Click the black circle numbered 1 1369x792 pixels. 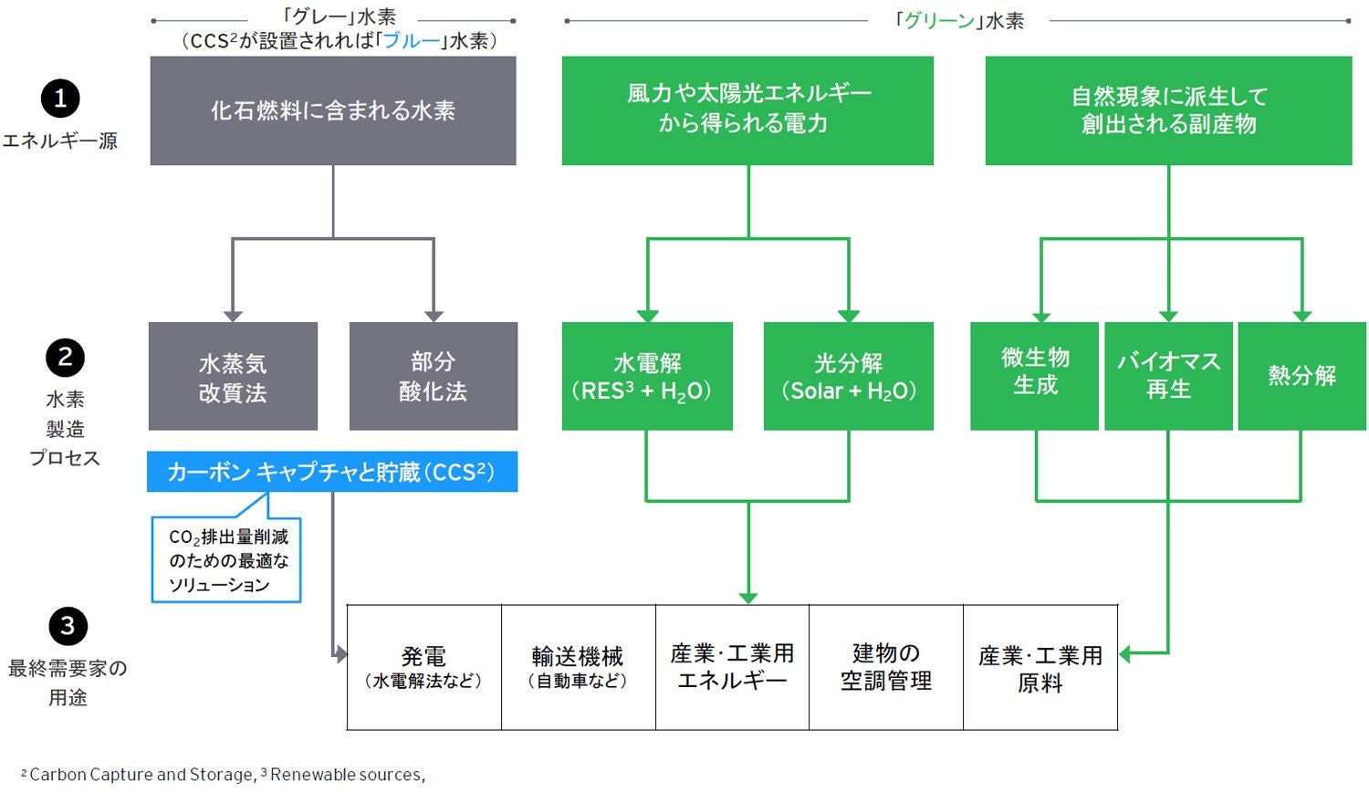tap(61, 99)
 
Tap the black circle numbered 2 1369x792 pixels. tap(65, 358)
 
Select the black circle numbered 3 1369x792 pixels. tap(68, 626)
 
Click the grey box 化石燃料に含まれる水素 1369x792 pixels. tap(333, 110)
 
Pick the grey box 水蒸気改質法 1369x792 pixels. tap(233, 376)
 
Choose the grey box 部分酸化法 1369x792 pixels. tap(434, 376)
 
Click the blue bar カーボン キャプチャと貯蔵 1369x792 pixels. tap(332, 472)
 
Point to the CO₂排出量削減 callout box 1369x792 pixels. tap(226, 560)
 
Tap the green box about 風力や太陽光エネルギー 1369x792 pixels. tap(747, 110)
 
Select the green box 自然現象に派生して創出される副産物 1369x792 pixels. tap(1168, 110)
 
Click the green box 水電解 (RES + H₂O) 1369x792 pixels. tap(647, 376)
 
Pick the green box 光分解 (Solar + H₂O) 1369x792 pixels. tap(849, 376)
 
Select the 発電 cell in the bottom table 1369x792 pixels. tap(424, 667)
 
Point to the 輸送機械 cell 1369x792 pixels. tap(578, 667)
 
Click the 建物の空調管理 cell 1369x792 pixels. tap(886, 667)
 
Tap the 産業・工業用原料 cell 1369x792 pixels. tap(1040, 667)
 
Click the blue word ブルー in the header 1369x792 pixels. tap(412, 41)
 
